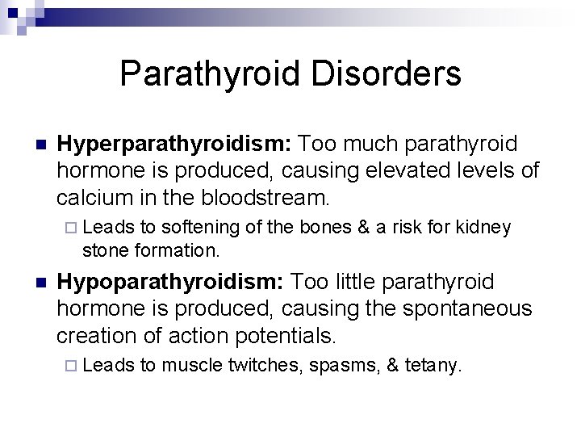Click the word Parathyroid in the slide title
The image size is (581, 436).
pyautogui.click(x=211, y=74)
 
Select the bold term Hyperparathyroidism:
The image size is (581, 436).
pyautogui.click(x=173, y=144)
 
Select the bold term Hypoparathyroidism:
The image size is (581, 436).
pyautogui.click(x=169, y=282)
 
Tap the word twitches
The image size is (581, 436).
pyautogui.click(x=258, y=367)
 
